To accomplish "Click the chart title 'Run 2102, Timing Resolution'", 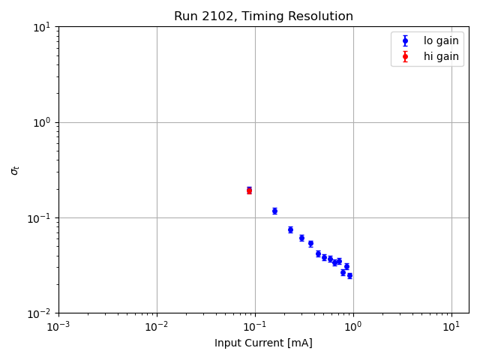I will tap(263, 16).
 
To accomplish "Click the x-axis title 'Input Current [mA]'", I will tap(263, 343).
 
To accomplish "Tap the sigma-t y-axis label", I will tap(15, 170).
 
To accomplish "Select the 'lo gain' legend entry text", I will tap(441, 41).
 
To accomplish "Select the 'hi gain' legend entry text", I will tap(441, 56).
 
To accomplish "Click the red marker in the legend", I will tap(405, 56).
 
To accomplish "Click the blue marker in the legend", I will tap(405, 41).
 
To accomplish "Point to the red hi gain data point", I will tap(249, 190).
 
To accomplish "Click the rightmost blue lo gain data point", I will tap(349, 275).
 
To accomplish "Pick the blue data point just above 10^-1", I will tap(274, 211).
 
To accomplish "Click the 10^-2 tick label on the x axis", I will tap(157, 326).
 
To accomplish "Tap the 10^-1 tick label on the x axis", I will tap(255, 326).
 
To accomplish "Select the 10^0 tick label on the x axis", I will tap(353, 326).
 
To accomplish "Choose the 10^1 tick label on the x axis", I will tap(451, 326).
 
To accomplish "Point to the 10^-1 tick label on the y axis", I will tap(40, 217).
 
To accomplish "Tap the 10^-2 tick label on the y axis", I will tap(40, 313).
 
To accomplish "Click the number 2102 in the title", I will tap(214, 16).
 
